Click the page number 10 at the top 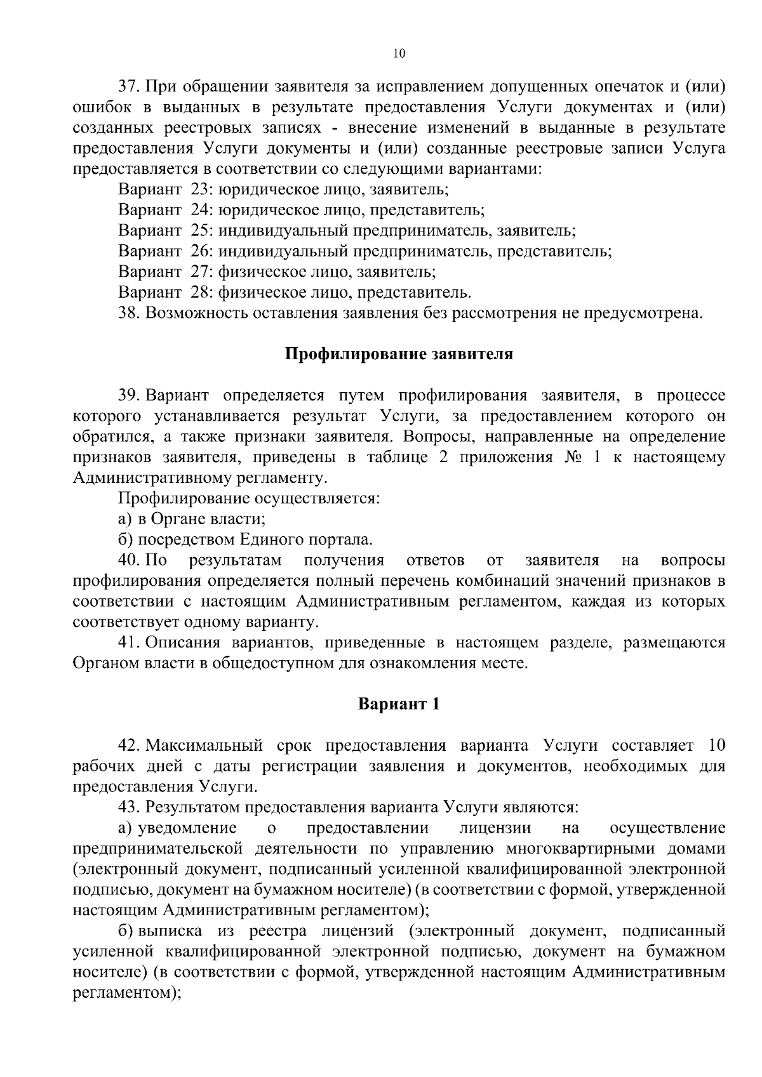pyautogui.click(x=399, y=54)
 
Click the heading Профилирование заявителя pyautogui.click(x=398, y=354)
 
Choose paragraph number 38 pyautogui.click(x=129, y=314)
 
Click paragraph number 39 pyautogui.click(x=129, y=396)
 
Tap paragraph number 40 pyautogui.click(x=129, y=560)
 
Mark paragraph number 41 pyautogui.click(x=129, y=643)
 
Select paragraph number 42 pyautogui.click(x=129, y=746)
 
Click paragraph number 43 pyautogui.click(x=129, y=808)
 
